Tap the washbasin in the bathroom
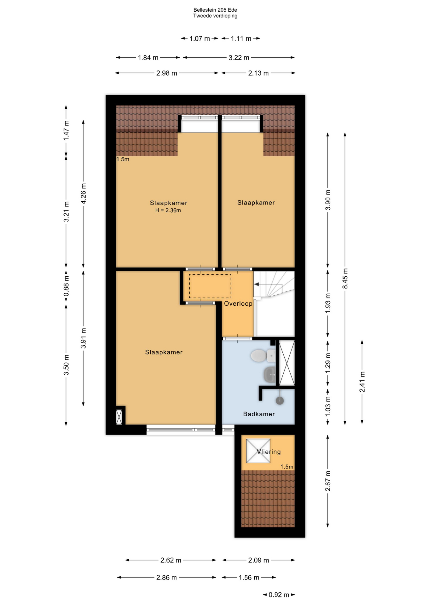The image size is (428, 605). pyautogui.click(x=270, y=375)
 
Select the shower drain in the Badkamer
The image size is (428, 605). pyautogui.click(x=280, y=400)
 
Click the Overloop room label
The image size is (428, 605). pyautogui.click(x=238, y=304)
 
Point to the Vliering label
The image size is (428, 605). pyautogui.click(x=269, y=452)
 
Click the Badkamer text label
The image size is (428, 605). pyautogui.click(x=259, y=414)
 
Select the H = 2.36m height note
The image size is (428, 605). pyautogui.click(x=168, y=210)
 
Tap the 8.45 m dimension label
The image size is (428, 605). pyautogui.click(x=345, y=279)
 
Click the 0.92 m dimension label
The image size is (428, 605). pyautogui.click(x=279, y=595)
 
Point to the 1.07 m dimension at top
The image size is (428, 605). pyautogui.click(x=200, y=39)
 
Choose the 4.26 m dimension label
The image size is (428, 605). pyautogui.click(x=84, y=193)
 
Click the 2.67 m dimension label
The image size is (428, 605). pyautogui.click(x=328, y=481)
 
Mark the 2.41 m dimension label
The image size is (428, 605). pyautogui.click(x=362, y=382)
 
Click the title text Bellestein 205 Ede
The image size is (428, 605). pyautogui.click(x=215, y=10)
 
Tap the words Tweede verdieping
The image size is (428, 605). pyautogui.click(x=215, y=16)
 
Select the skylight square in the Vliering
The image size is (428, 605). pyautogui.click(x=258, y=451)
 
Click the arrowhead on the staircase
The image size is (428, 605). pyautogui.click(x=257, y=285)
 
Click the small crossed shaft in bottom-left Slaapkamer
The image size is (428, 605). pyautogui.click(x=119, y=417)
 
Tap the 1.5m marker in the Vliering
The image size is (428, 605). pyautogui.click(x=287, y=467)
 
